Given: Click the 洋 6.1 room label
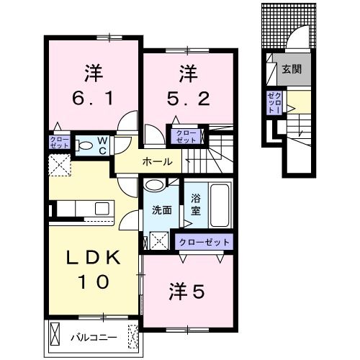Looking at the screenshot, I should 92,85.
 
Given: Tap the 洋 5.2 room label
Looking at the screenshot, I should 189,84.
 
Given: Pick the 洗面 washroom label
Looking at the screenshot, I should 161,210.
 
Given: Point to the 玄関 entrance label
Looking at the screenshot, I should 291,70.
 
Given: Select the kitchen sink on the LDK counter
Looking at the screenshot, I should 100,209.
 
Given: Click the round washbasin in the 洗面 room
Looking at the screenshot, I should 153,185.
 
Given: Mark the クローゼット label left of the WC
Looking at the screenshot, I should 60,141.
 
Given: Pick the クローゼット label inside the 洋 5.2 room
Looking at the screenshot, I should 186,136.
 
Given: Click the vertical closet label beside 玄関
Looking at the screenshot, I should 274,103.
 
